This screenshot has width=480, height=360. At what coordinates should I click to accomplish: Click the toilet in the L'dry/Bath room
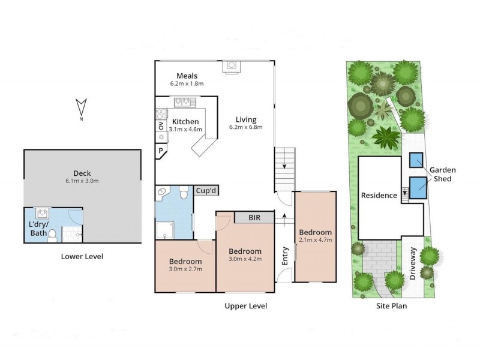coord(53,234)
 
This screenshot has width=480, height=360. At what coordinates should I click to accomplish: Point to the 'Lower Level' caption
coord(82,256)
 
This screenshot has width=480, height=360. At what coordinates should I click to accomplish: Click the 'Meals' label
coord(187,76)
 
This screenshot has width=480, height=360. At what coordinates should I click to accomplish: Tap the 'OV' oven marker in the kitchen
coord(161,126)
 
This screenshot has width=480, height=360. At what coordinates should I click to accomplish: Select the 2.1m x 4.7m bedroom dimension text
coord(315,241)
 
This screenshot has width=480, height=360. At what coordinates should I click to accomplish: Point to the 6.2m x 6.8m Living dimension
coord(245,127)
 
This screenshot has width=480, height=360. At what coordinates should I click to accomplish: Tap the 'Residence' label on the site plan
coord(379,195)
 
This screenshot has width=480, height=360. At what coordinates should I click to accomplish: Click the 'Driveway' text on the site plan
coord(413,265)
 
